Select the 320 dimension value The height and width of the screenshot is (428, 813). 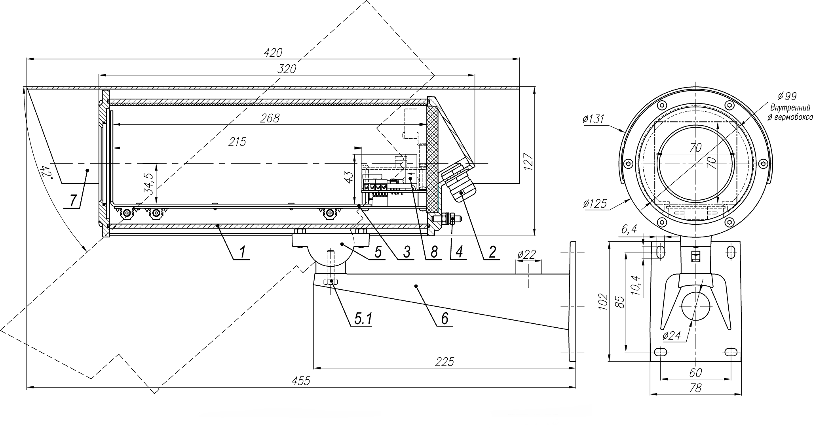(287, 69)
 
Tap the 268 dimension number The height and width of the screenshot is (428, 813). (270, 118)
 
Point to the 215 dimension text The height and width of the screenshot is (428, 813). (237, 141)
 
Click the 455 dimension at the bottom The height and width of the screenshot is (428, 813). (301, 381)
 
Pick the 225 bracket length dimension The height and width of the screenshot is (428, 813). (444, 361)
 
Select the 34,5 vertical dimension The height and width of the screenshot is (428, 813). (148, 183)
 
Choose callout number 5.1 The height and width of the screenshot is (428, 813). (363, 319)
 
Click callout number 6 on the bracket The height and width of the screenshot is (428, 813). (444, 319)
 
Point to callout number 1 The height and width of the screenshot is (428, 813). (243, 252)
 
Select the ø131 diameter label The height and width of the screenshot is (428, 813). (594, 118)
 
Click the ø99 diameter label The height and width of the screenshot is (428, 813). (787, 96)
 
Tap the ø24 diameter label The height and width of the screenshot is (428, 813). (671, 336)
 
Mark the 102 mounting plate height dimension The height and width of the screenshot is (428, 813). (603, 302)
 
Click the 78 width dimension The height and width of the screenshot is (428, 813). (695, 388)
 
